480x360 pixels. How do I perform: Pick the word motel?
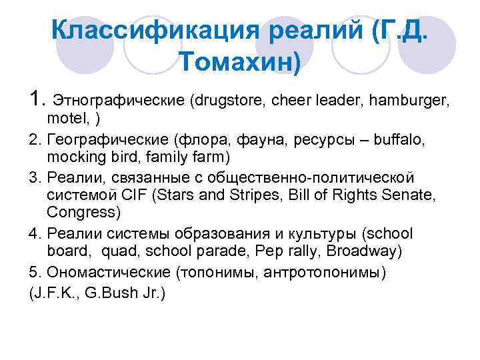(63, 119)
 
